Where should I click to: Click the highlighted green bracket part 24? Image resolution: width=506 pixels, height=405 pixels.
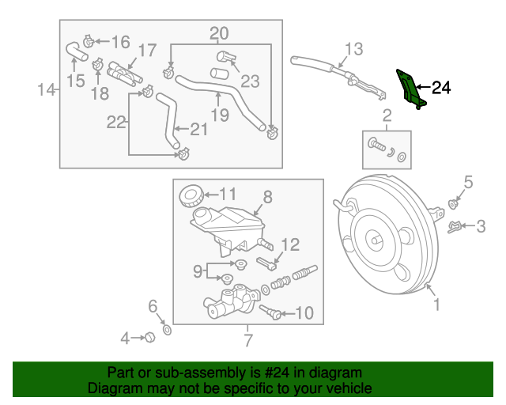pos(409,89)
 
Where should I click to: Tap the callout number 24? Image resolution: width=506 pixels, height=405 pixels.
pos(440,88)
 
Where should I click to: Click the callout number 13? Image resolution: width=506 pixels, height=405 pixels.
pos(353,50)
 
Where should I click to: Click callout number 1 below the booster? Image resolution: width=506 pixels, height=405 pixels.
pos(434,302)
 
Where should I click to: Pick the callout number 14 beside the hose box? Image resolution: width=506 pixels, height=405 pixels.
pos(45,91)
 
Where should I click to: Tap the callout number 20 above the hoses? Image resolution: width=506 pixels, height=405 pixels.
pos(219,33)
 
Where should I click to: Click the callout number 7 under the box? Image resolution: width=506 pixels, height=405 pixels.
pos(247,340)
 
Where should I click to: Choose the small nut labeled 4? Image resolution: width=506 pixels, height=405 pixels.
pos(147,339)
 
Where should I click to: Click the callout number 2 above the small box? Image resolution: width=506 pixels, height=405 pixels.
pos(387,116)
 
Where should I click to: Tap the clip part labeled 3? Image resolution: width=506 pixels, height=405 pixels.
pos(456,228)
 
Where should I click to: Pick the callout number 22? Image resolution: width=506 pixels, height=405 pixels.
pos(116,122)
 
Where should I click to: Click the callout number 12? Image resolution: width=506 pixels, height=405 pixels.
pos(290,244)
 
